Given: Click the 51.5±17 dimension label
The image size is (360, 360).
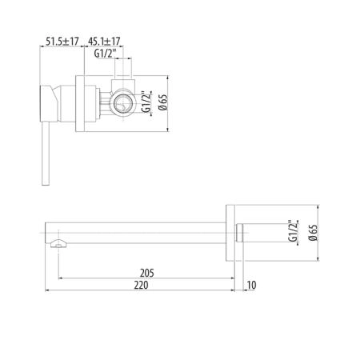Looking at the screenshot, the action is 62,42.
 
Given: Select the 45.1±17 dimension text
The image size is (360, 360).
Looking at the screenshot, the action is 104,42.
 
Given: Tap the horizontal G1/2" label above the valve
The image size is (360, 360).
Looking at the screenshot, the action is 105,54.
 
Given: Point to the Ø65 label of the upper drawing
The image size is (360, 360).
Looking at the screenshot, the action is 162,102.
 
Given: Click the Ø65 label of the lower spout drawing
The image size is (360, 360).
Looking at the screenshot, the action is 313,233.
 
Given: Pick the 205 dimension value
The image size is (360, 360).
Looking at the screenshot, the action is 147,273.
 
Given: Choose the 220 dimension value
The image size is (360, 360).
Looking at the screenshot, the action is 141,285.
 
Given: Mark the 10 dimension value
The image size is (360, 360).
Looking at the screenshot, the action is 251,285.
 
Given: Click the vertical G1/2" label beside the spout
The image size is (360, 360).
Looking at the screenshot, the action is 293,231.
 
